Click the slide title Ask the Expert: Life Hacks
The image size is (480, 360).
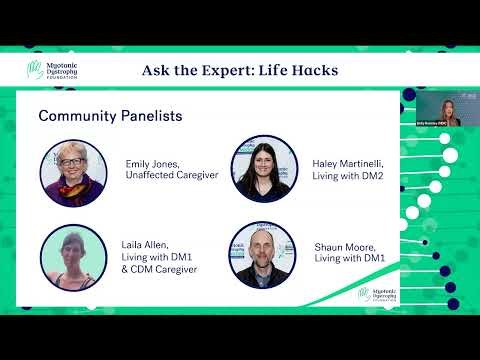(240, 70)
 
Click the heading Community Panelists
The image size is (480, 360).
(110, 116)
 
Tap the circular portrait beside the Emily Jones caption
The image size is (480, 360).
(73, 171)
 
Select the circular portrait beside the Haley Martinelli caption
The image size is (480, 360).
(261, 169)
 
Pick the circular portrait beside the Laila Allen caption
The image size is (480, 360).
(73, 257)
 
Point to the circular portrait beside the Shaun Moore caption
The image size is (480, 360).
(261, 255)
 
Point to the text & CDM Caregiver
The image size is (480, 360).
(161, 270)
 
